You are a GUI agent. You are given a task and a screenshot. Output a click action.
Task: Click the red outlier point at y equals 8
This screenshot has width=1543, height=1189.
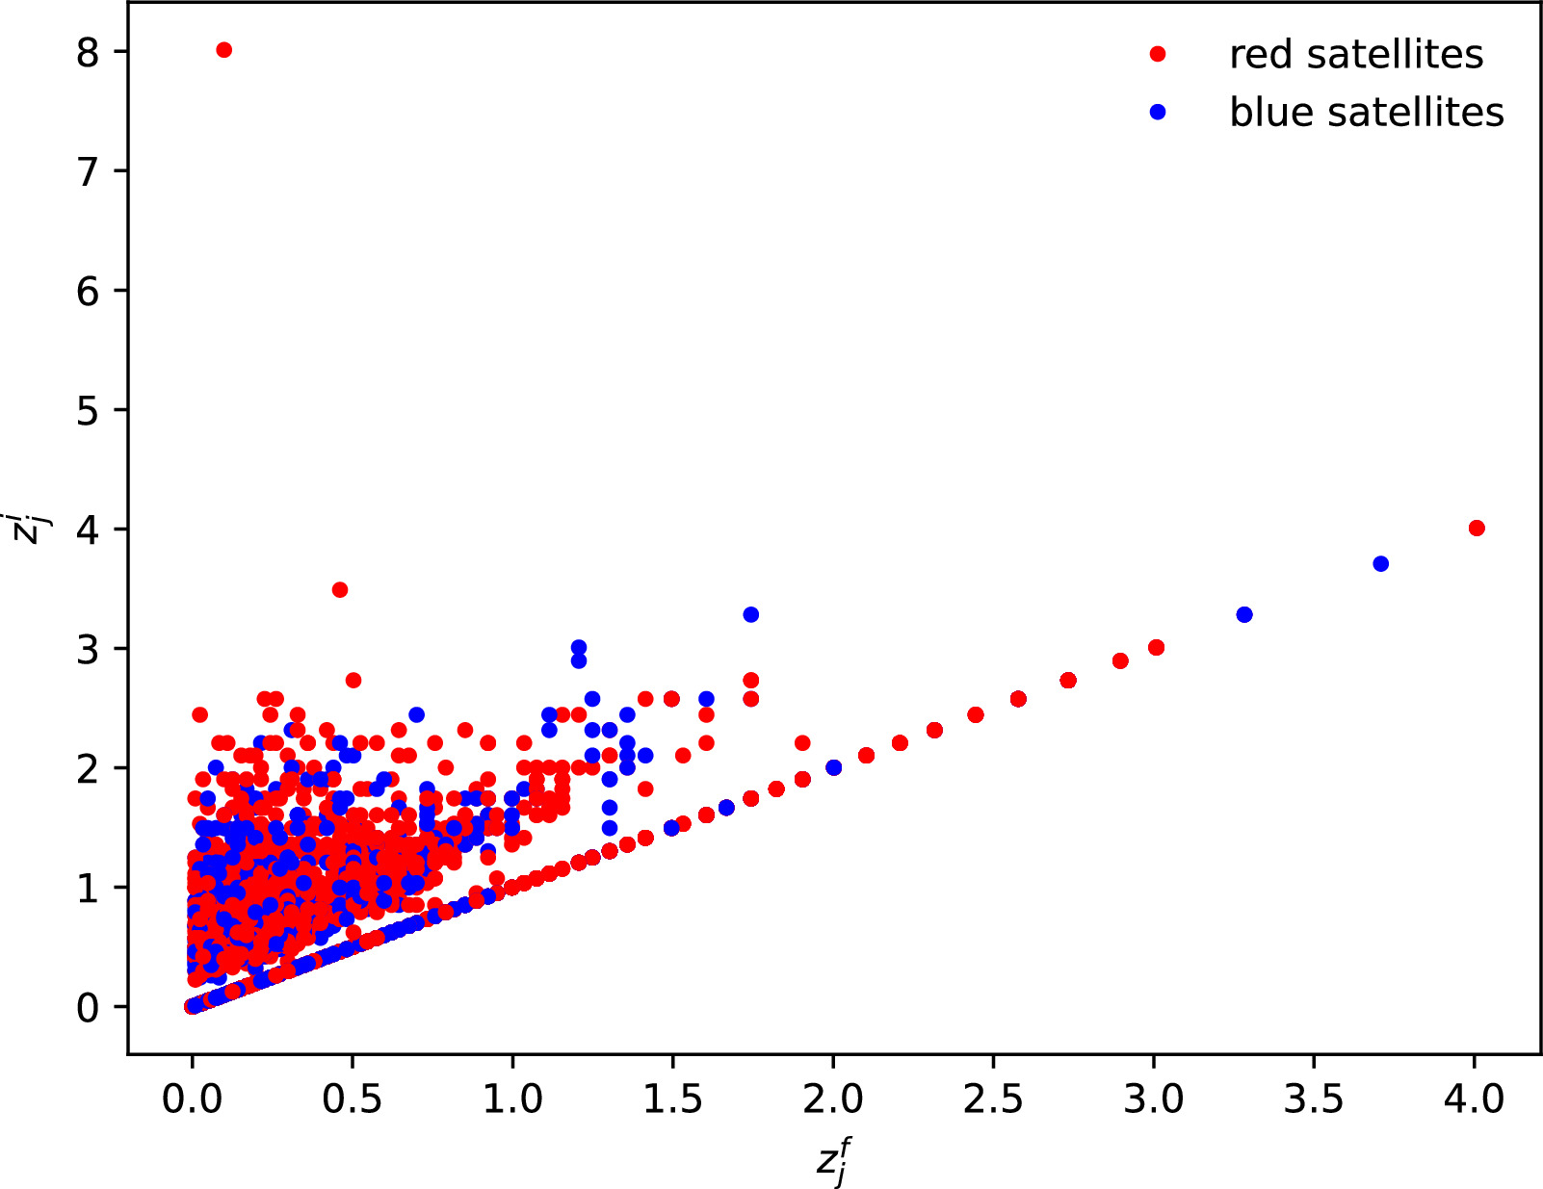click(223, 50)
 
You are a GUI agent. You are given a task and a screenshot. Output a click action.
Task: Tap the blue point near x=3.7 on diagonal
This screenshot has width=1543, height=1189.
click(1380, 563)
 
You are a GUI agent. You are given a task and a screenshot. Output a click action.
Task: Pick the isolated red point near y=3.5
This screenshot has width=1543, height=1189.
click(339, 589)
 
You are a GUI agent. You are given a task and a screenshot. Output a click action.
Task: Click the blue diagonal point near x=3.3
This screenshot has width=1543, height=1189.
click(1243, 614)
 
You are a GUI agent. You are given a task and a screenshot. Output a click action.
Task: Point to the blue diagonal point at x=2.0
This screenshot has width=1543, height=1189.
click(833, 767)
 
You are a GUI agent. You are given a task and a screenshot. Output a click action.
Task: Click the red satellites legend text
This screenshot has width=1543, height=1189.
click(1355, 55)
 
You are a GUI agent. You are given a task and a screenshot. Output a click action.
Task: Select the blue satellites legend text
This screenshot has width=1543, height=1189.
click(1366, 113)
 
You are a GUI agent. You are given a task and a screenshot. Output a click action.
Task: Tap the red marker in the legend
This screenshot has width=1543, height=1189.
click(1158, 55)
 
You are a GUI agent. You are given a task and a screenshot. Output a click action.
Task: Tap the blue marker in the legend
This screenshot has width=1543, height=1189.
click(1158, 113)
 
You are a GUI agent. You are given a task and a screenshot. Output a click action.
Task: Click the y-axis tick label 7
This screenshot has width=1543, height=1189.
click(88, 172)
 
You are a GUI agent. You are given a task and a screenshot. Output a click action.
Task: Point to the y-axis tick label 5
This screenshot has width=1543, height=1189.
click(88, 411)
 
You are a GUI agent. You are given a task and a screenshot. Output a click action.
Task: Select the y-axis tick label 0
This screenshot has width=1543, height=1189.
click(88, 1008)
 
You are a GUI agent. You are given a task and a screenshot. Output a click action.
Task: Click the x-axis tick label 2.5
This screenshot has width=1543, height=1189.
click(992, 1099)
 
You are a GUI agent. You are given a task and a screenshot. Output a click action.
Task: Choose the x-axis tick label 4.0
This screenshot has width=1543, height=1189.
click(1474, 1099)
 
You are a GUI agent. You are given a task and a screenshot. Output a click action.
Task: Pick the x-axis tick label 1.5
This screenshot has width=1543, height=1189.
click(672, 1099)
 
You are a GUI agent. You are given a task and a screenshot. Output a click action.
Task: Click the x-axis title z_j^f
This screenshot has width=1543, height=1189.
click(833, 1162)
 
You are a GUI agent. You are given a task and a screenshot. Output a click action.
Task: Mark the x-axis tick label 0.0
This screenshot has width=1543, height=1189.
click(192, 1099)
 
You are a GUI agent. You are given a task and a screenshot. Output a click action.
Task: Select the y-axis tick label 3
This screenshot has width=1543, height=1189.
click(88, 650)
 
